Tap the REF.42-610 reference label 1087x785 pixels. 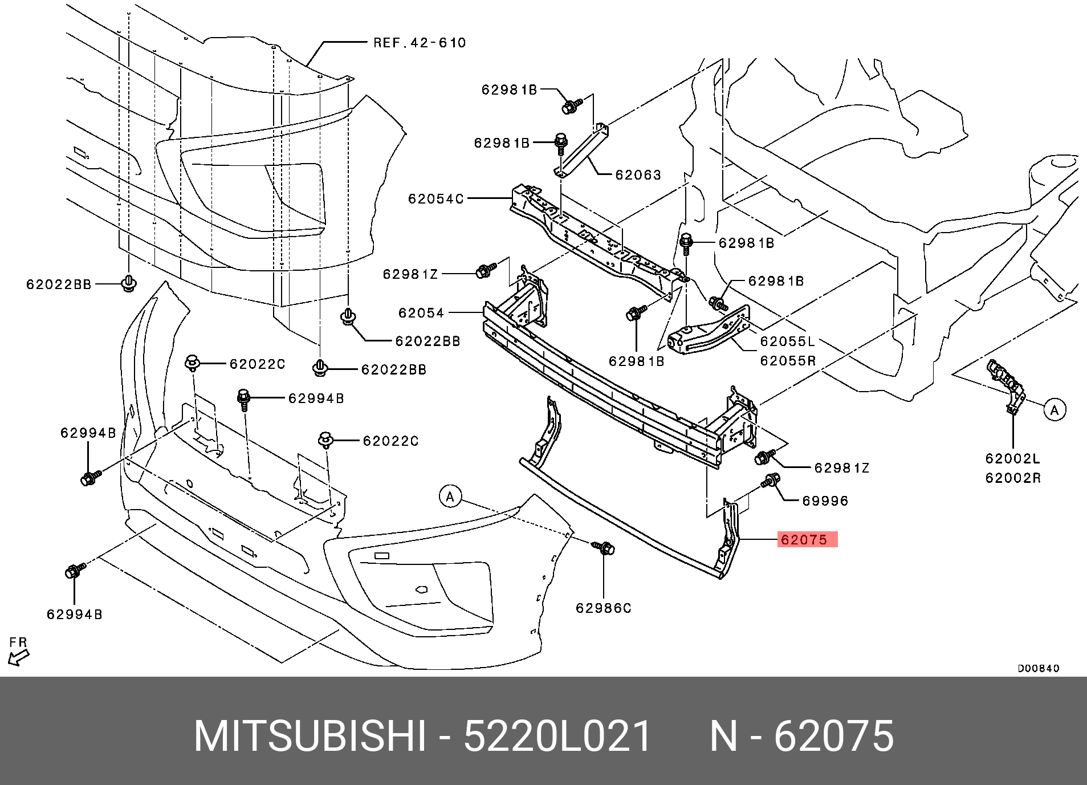click(420, 43)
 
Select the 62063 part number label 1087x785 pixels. click(638, 174)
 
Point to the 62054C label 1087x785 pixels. click(436, 199)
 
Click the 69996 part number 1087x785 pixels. click(825, 501)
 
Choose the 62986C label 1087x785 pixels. click(604, 608)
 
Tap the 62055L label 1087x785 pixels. click(788, 341)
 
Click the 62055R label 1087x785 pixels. click(788, 361)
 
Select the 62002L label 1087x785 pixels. click(1013, 458)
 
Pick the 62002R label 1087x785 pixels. click(1013, 478)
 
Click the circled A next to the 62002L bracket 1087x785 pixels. click(1055, 410)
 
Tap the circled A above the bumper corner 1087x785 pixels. click(450, 497)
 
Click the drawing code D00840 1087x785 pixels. click(1039, 668)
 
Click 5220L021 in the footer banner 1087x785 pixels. click(557, 737)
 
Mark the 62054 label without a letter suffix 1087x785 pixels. click(421, 313)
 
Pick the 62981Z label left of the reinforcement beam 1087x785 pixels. click(410, 274)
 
